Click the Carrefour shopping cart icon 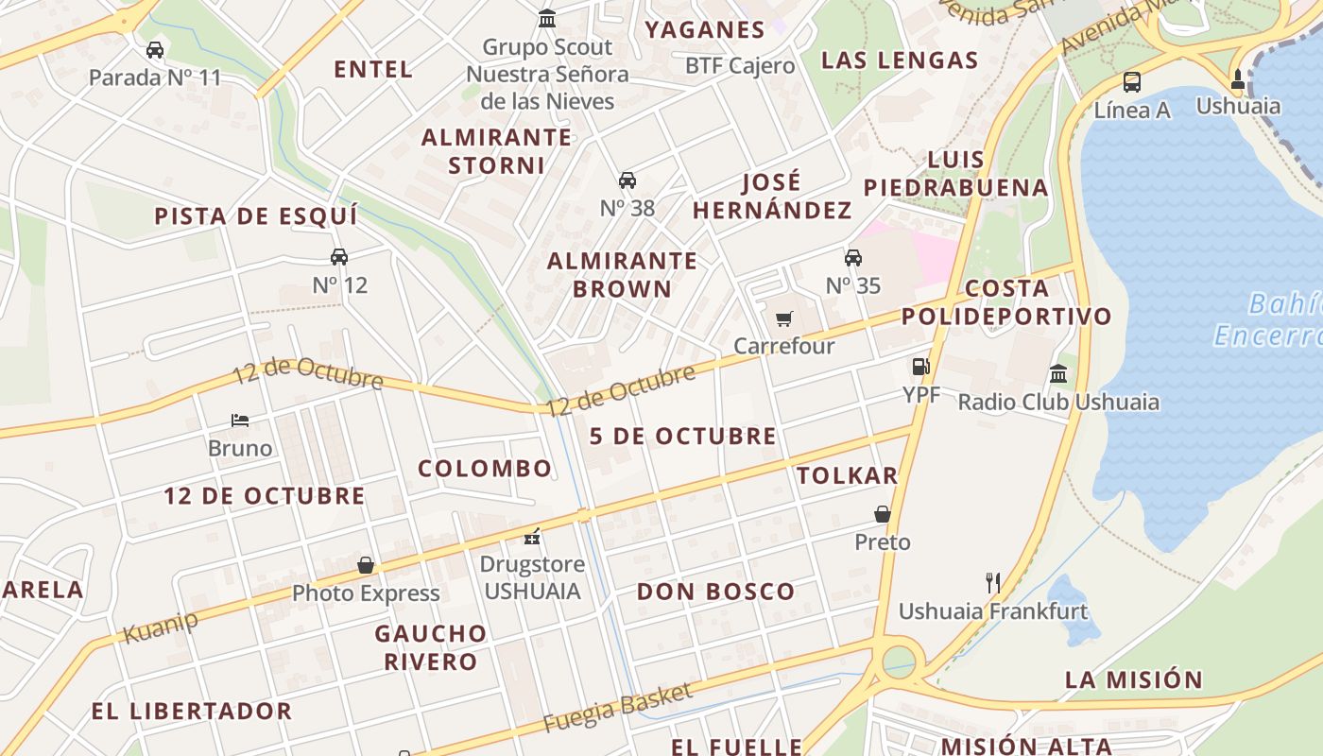[783, 319]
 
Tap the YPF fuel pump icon [920, 367]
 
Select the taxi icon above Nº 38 [627, 180]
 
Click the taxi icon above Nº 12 [339, 257]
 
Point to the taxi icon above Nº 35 [853, 258]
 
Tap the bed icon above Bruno [240, 421]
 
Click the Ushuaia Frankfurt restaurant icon [992, 582]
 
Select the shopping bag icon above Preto [882, 514]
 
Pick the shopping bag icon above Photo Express [366, 565]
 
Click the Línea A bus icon [1131, 82]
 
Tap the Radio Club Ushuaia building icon [1058, 374]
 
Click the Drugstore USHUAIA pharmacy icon [533, 537]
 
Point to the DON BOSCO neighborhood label [715, 593]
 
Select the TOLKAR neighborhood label [847, 475]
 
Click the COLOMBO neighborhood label [485, 469]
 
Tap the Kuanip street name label [162, 627]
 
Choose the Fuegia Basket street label [617, 708]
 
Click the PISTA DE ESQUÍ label [256, 216]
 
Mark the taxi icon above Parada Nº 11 [155, 50]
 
